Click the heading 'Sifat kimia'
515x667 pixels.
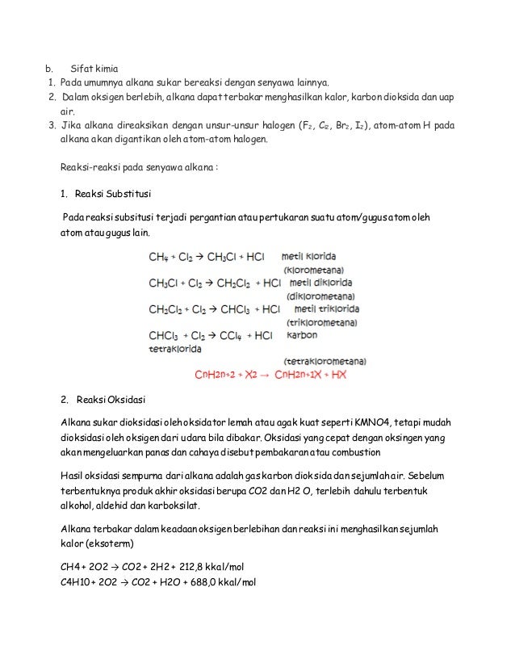click(94, 68)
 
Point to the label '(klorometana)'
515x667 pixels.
click(313, 270)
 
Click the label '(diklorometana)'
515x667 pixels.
click(316, 296)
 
